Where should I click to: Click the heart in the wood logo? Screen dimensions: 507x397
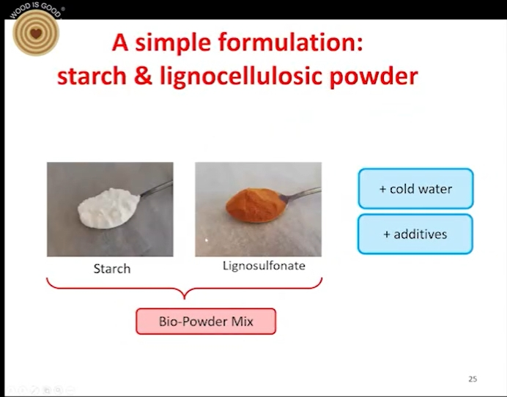[36, 33]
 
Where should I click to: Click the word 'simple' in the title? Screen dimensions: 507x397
[173, 43]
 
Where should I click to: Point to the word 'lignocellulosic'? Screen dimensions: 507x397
[241, 77]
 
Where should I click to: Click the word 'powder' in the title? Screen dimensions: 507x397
[374, 76]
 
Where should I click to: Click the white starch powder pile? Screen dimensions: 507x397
[108, 208]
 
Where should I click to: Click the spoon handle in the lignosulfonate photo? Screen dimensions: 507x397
[300, 193]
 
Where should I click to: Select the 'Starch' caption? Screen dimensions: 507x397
[112, 269]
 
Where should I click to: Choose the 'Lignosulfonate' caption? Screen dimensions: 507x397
[264, 266]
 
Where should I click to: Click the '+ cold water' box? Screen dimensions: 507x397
[416, 188]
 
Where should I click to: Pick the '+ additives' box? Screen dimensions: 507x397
[415, 234]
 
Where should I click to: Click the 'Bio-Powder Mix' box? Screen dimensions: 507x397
[206, 322]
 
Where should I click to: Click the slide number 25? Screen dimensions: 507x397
[473, 379]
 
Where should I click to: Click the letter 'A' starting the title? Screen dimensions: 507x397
[120, 42]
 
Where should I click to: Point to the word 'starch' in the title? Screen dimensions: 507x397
[92, 76]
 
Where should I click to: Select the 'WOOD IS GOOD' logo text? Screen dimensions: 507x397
[36, 10]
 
